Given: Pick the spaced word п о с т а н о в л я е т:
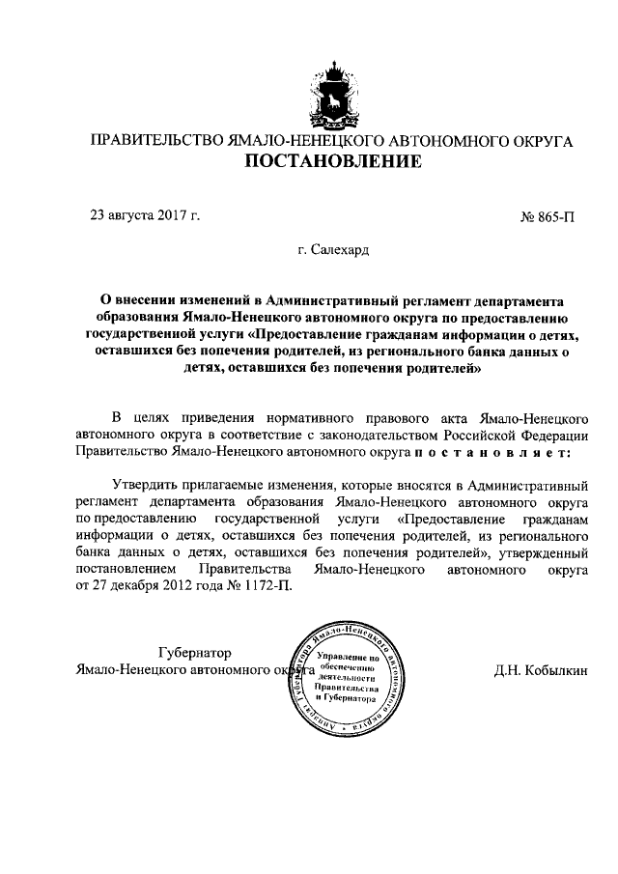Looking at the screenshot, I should [492, 451].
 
